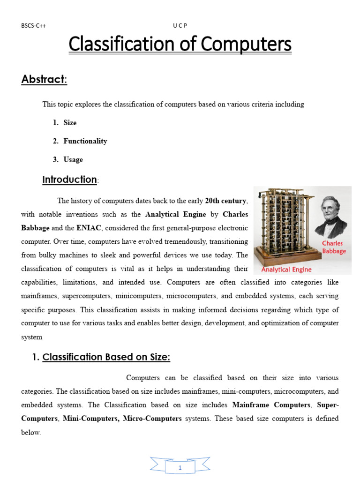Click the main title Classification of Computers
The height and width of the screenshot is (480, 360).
click(x=180, y=45)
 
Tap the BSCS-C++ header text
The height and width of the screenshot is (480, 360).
click(x=33, y=26)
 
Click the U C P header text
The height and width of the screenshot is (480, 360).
click(x=180, y=26)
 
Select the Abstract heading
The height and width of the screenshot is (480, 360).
click(x=45, y=80)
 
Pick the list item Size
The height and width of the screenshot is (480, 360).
click(x=70, y=123)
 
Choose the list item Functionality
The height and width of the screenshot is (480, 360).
click(x=85, y=141)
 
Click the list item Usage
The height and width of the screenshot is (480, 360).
click(x=73, y=159)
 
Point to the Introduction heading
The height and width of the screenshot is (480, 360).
click(x=69, y=180)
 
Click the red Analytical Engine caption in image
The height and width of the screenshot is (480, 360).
click(x=286, y=270)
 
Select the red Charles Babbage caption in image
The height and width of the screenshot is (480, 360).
click(x=334, y=247)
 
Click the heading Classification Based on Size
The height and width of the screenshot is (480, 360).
click(x=106, y=357)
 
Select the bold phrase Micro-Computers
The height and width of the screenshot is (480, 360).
click(x=152, y=419)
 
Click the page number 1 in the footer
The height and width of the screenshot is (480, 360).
click(x=180, y=468)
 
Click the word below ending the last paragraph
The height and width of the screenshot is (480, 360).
click(x=31, y=433)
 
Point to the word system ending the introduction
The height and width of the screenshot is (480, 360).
click(x=31, y=337)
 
